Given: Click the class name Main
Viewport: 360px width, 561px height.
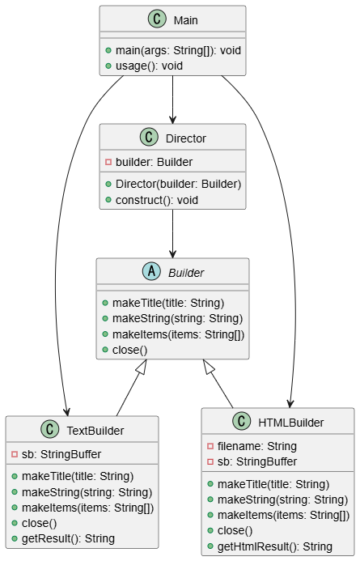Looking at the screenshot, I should [x=185, y=19].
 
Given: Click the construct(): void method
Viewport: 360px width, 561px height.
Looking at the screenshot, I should [x=156, y=199].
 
